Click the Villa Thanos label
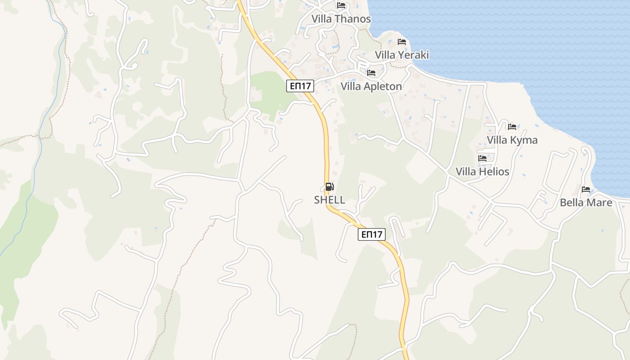(x=342, y=19)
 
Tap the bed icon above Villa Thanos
(x=341, y=5)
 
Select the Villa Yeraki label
(x=402, y=55)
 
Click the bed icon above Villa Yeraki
(x=402, y=42)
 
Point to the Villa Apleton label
(x=371, y=86)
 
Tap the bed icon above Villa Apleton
(x=371, y=72)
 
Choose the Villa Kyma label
(x=512, y=140)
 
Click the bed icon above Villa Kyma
(x=512, y=127)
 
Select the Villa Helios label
(x=482, y=171)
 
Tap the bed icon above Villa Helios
(x=482, y=158)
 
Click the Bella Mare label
(x=586, y=202)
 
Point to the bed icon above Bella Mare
(x=586, y=189)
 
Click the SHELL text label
(x=329, y=200)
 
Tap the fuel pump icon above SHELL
(x=329, y=187)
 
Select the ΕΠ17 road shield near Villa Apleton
(x=300, y=86)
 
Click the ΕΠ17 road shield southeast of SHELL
(x=372, y=234)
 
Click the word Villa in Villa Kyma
(x=498, y=140)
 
